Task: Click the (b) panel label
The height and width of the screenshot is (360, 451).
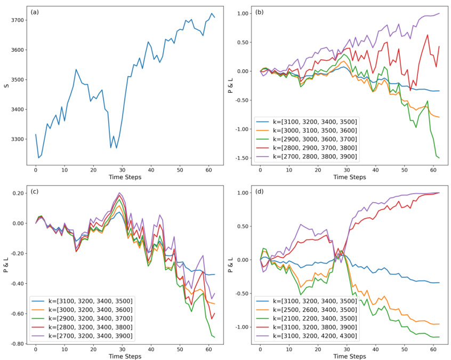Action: point(259,11)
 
